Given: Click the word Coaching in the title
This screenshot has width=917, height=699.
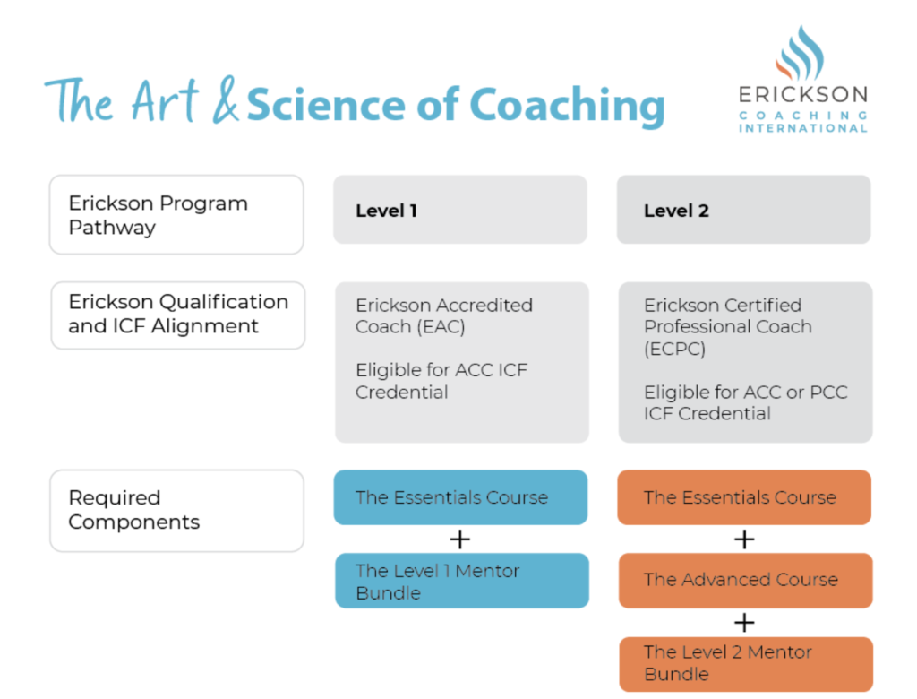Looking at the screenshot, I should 567,106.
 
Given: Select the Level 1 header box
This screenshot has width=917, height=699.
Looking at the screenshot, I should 460,210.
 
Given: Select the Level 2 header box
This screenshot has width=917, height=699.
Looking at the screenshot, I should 743,210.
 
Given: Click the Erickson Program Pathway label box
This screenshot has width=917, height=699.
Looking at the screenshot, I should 176,215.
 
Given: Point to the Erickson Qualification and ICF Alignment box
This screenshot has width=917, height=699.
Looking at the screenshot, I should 177,315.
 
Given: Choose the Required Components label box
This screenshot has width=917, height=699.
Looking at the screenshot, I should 176,510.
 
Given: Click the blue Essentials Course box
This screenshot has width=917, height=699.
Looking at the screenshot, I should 461,497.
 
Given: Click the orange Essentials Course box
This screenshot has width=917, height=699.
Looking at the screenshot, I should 743,497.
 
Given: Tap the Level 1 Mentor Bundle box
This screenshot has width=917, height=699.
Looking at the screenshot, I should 461,581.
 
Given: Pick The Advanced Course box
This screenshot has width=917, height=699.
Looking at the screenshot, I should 744,580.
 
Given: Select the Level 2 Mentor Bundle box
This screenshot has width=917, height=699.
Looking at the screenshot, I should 744,663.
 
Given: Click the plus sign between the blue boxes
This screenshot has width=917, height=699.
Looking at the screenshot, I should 460,539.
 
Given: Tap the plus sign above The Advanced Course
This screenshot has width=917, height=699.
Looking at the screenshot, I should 744,539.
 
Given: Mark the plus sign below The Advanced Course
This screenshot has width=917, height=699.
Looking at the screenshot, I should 744,622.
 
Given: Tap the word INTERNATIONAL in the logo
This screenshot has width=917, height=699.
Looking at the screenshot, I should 802,128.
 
